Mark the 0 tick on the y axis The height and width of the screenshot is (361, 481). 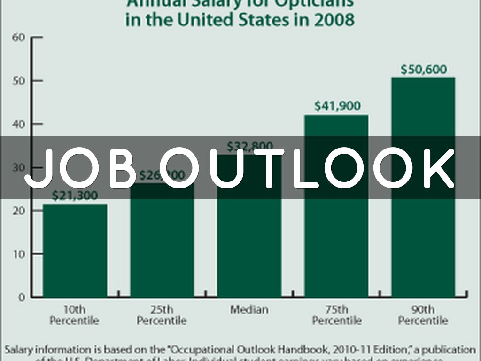tap(22, 297)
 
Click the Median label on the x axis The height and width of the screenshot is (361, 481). tap(249, 310)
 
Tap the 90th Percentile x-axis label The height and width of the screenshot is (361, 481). tap(423, 315)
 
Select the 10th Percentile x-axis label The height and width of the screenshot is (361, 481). tap(75, 315)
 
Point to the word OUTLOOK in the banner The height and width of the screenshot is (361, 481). tap(307, 168)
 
